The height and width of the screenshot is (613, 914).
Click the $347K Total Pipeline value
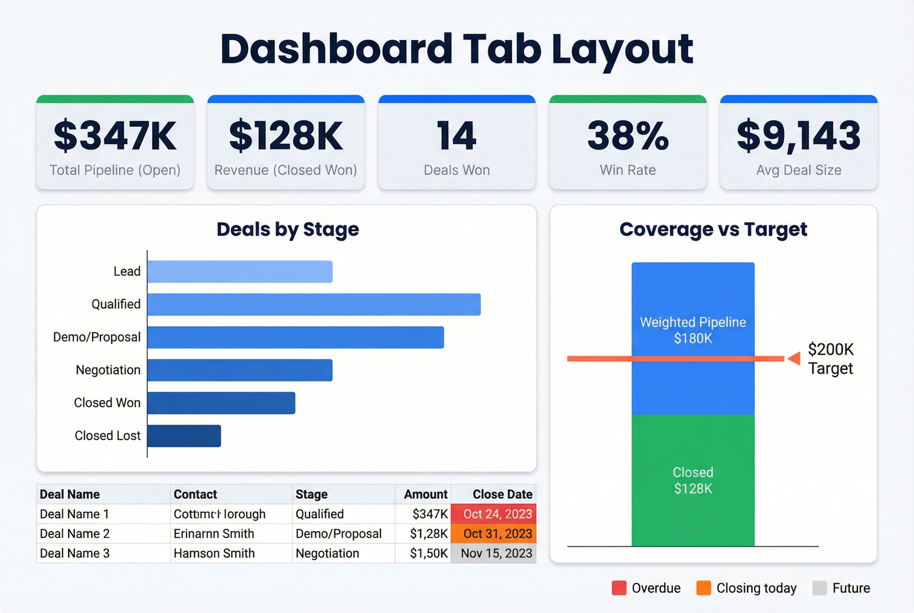[115, 136]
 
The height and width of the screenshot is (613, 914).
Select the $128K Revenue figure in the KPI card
[286, 136]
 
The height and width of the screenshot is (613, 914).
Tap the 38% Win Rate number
[627, 136]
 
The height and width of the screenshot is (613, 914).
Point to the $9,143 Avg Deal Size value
[798, 136]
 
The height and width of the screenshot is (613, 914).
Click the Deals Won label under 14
[456, 170]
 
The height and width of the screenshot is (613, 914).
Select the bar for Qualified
[314, 305]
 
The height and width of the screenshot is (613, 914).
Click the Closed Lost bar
[184, 436]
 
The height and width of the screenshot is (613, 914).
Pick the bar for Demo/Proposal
[296, 338]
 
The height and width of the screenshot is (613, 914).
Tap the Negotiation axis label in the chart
[108, 370]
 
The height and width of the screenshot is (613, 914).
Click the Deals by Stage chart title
[287, 230]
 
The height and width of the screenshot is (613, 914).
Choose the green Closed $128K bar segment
[693, 480]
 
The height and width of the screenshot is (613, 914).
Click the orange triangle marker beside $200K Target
[794, 358]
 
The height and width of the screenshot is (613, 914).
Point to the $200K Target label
[830, 359]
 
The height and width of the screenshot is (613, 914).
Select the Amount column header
[426, 495]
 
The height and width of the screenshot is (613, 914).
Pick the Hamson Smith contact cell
[214, 554]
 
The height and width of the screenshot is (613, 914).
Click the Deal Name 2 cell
[75, 534]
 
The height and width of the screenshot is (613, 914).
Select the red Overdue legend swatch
[619, 588]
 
